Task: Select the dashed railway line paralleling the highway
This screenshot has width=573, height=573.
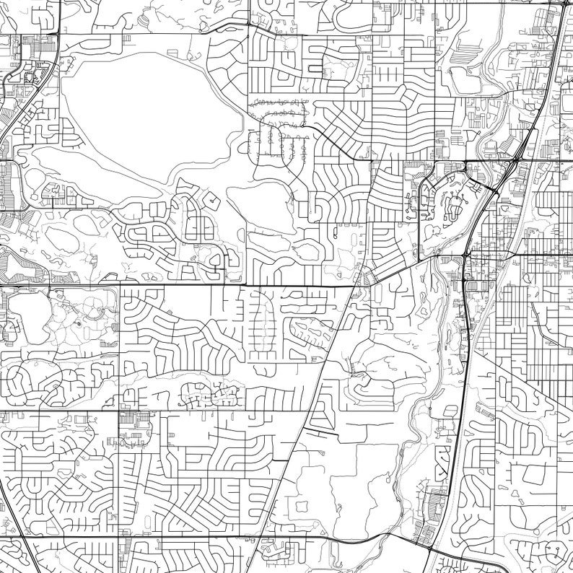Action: [482, 325]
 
